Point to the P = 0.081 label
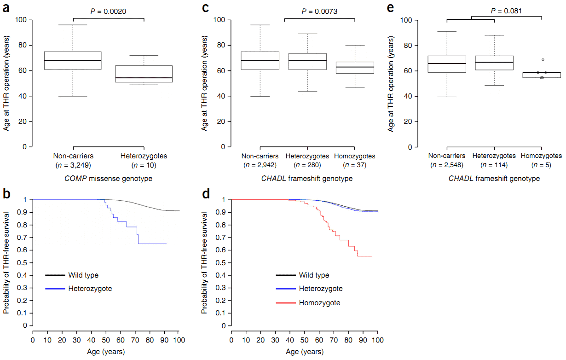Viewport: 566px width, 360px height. coord(506,11)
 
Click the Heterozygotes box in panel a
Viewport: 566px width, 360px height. coord(144,74)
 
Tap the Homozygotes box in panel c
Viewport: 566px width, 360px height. coord(355,67)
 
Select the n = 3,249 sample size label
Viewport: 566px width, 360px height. coord(73,165)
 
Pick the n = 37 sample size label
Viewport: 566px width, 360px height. coord(355,165)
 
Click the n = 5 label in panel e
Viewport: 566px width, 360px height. coord(542,165)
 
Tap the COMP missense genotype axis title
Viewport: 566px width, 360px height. coord(108,178)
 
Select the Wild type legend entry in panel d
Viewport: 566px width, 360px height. coord(314,275)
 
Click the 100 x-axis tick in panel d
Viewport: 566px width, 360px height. coord(378,340)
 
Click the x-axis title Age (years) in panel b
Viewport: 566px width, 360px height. coord(106,352)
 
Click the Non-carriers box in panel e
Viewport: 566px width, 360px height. coord(447,64)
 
